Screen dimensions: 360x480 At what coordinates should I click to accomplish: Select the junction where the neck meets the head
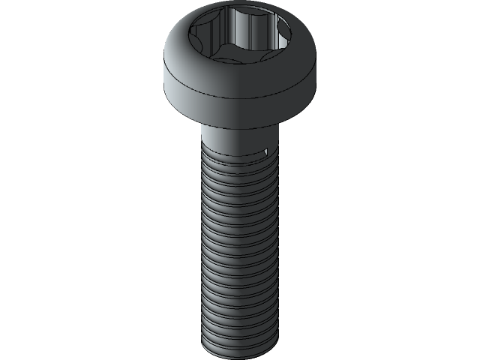(x=240, y=124)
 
